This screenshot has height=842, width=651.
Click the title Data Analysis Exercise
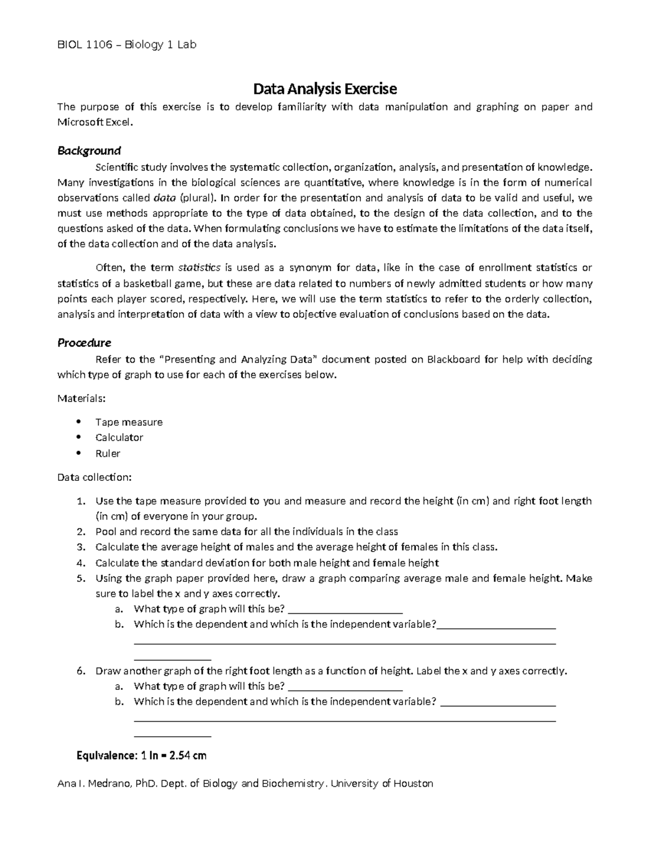[325, 88]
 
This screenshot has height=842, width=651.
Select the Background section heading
[89, 150]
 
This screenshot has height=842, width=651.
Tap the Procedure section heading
[84, 343]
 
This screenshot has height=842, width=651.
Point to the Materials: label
[81, 398]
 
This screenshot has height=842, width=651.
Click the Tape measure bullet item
[129, 422]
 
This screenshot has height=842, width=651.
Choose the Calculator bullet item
[119, 438]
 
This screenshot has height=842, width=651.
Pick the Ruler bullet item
[107, 453]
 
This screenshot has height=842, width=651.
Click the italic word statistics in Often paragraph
[199, 267]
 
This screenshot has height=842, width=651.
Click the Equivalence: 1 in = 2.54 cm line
[142, 756]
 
